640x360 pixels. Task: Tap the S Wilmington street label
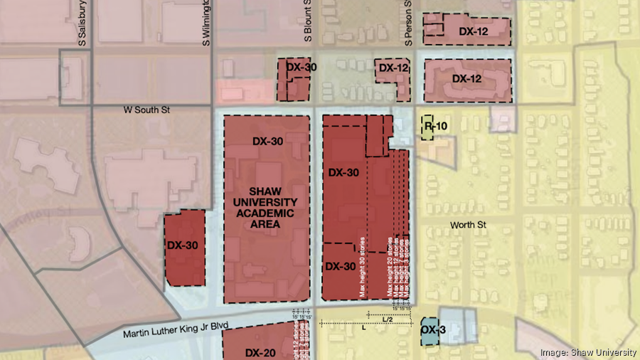[207, 23]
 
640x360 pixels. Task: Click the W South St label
[147, 110]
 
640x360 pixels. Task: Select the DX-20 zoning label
[260, 352]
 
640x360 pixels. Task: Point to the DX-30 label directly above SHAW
[267, 141]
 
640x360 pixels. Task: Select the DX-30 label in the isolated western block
[183, 245]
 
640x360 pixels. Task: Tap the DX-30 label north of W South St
[301, 67]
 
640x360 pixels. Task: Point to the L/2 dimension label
[388, 319]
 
